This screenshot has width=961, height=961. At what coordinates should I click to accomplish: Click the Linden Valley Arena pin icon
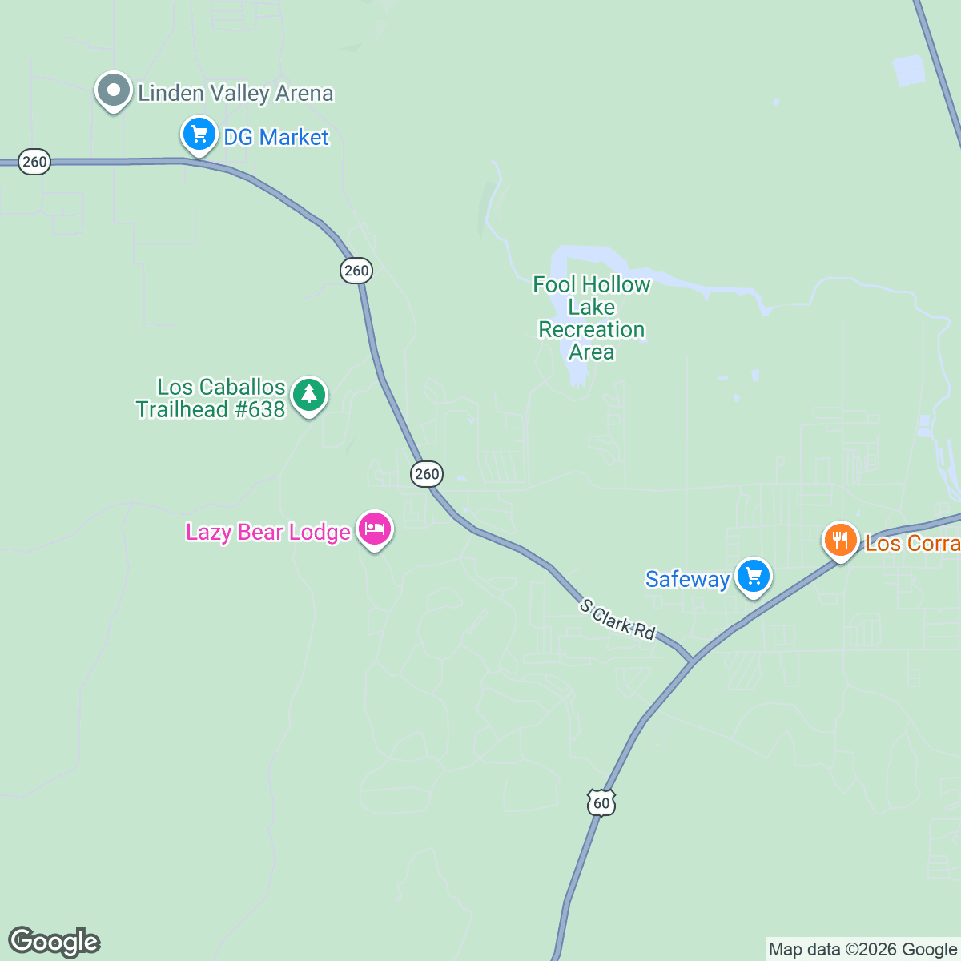[x=114, y=91]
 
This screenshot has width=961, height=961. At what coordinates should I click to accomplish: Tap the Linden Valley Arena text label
[x=235, y=94]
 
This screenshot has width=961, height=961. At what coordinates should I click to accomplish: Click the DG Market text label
[x=275, y=138]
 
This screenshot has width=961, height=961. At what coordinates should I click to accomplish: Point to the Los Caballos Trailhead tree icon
[x=309, y=395]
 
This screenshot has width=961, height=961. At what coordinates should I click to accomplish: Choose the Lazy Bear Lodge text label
[x=267, y=533]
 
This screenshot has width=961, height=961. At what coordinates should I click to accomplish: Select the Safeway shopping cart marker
[x=753, y=576]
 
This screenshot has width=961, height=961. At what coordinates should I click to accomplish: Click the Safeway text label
[x=687, y=579]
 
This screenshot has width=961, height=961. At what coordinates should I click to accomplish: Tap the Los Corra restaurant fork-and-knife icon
[x=840, y=541]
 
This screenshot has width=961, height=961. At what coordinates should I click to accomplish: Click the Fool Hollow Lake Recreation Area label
[x=592, y=319]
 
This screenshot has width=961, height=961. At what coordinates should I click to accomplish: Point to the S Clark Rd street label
[x=617, y=620]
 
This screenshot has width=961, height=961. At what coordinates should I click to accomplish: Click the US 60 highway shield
[x=601, y=802]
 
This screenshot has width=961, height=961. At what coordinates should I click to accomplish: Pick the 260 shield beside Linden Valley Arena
[x=34, y=162]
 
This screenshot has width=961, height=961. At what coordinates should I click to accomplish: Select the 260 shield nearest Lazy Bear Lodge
[x=426, y=474]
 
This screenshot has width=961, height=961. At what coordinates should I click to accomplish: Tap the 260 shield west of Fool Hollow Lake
[x=356, y=271]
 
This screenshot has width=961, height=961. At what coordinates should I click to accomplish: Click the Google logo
[x=54, y=942]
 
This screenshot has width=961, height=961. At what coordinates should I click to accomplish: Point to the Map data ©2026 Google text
[x=862, y=950]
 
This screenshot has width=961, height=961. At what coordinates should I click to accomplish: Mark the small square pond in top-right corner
[x=909, y=70]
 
